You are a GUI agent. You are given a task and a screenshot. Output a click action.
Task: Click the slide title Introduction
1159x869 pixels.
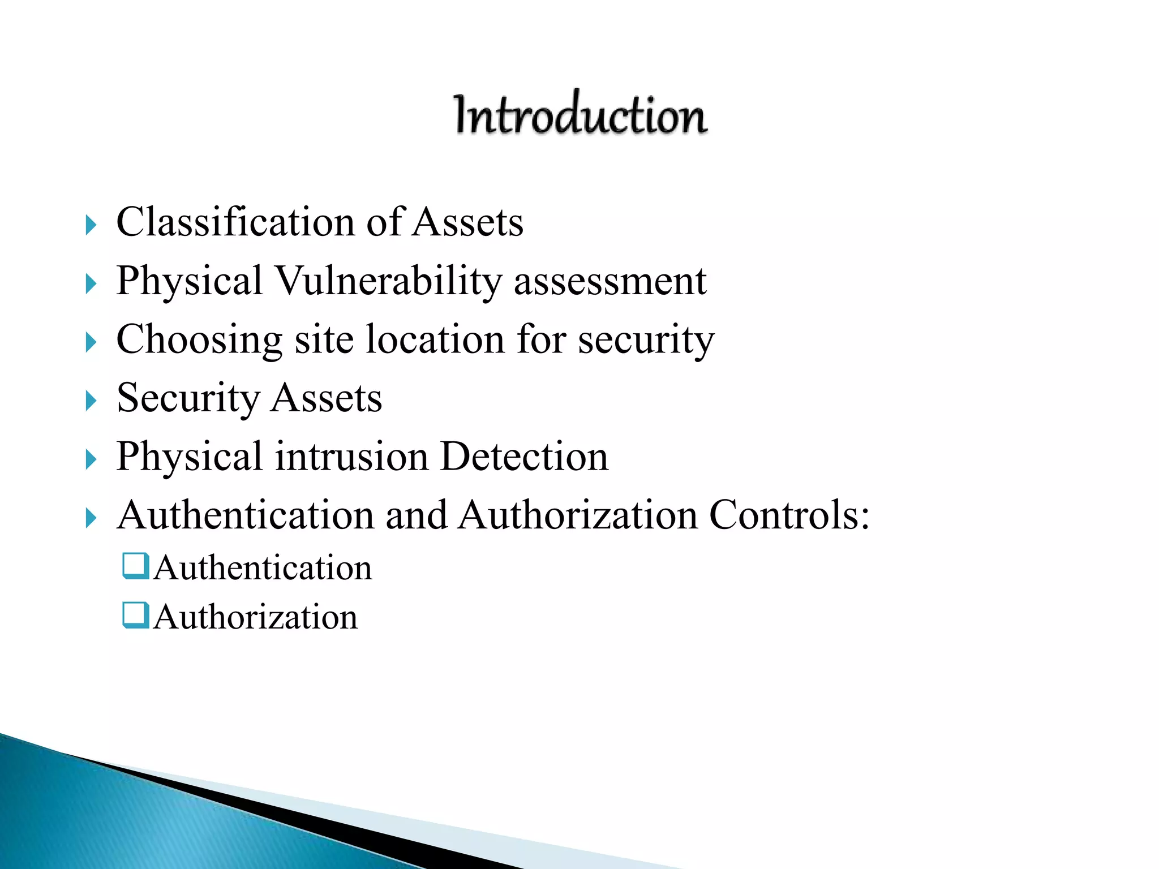click(581, 114)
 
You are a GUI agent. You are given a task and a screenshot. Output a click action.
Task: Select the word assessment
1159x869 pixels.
click(610, 282)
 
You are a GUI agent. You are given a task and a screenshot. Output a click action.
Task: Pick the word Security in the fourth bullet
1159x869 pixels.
click(188, 398)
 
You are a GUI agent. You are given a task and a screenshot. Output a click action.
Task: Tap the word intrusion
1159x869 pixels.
click(351, 457)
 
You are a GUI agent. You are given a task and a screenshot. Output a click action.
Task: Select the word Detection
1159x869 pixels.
click(524, 457)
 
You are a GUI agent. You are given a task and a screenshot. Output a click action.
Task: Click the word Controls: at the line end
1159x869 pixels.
click(789, 515)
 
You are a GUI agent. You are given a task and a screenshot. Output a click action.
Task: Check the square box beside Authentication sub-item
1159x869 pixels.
click(136, 566)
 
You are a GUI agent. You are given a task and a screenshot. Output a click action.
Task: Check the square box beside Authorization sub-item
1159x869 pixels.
click(136, 616)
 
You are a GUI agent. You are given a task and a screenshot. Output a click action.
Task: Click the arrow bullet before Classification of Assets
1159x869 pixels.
click(91, 225)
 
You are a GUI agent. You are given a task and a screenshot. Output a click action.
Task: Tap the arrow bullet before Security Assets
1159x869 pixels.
click(91, 401)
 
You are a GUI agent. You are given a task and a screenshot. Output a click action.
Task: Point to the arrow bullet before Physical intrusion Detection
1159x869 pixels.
click(91, 459)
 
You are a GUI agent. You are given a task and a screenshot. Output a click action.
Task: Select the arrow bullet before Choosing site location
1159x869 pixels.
click(91, 342)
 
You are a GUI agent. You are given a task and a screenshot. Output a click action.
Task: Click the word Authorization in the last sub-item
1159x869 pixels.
click(256, 617)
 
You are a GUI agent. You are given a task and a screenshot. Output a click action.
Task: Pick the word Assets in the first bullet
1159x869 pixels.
click(467, 222)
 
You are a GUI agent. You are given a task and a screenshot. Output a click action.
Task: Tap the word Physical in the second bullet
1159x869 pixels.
click(189, 281)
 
